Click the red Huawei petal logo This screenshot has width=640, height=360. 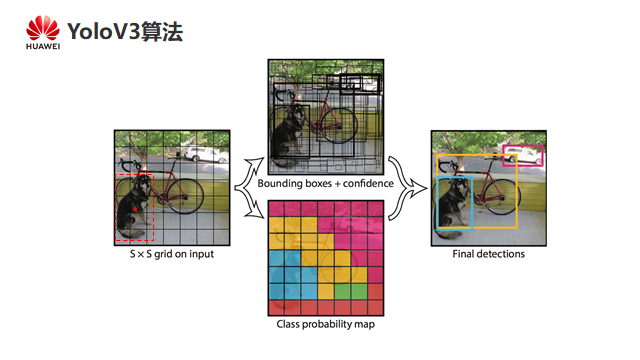[x=43, y=28]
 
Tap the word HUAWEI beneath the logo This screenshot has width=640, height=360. [x=43, y=47]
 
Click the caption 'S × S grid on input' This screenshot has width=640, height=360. [x=172, y=254]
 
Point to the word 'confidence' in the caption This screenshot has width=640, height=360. [x=368, y=184]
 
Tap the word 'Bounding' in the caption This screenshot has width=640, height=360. [x=279, y=184]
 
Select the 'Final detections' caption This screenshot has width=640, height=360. [x=489, y=254]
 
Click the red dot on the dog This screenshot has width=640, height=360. [x=135, y=209]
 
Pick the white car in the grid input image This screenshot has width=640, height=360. [x=206, y=155]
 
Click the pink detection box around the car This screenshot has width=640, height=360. [x=523, y=146]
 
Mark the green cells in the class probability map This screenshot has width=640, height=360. [x=351, y=291]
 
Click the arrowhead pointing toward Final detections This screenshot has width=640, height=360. [x=420, y=188]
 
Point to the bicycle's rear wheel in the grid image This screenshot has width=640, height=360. [x=185, y=196]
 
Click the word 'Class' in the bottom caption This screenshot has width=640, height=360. [x=288, y=324]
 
